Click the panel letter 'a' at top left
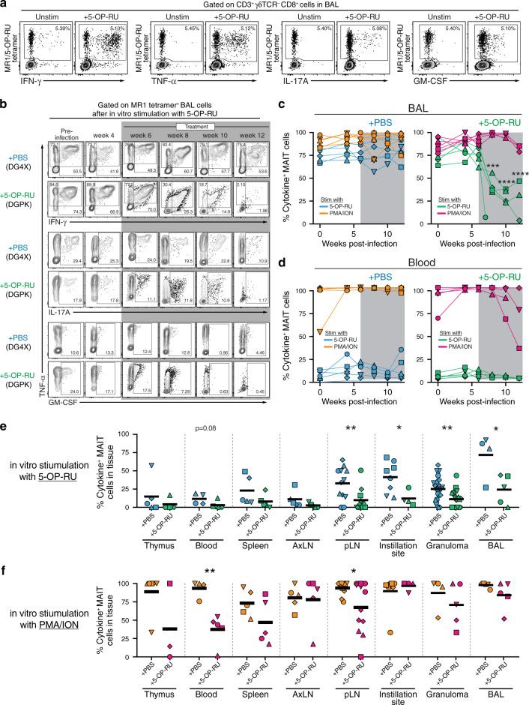coord(5,5)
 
